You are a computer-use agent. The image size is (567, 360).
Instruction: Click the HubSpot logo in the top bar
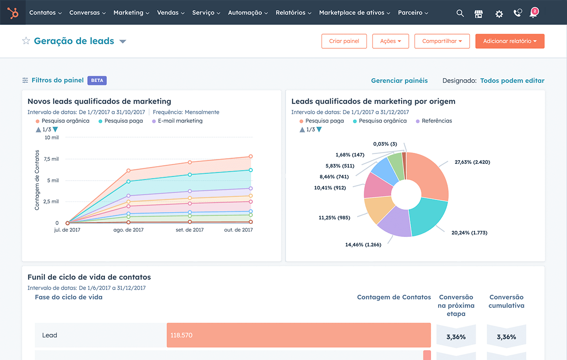pyautogui.click(x=13, y=13)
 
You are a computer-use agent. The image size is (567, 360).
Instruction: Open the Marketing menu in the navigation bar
pyautogui.click(x=131, y=13)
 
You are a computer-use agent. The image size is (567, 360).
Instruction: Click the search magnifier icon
pyautogui.click(x=460, y=13)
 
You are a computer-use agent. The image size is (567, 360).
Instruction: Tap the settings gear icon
pyautogui.click(x=499, y=14)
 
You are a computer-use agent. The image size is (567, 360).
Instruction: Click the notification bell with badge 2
pyautogui.click(x=533, y=13)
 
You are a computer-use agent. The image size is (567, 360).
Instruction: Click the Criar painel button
pyautogui.click(x=344, y=41)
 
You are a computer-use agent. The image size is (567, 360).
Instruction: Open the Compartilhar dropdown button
pyautogui.click(x=442, y=41)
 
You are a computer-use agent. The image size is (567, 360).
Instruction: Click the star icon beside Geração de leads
pyautogui.click(x=26, y=41)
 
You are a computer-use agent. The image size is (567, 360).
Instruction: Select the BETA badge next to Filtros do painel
pyautogui.click(x=97, y=81)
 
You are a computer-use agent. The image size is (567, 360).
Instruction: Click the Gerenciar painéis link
pyautogui.click(x=399, y=81)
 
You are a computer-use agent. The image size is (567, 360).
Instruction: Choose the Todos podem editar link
pyautogui.click(x=512, y=81)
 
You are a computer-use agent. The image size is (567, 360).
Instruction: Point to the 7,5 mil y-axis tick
pyautogui.click(x=51, y=159)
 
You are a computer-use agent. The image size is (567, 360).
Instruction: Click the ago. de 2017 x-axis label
pyautogui.click(x=129, y=230)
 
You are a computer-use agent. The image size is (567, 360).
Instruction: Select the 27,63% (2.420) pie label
pyautogui.click(x=472, y=162)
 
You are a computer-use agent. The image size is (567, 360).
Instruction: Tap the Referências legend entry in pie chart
pyautogui.click(x=436, y=121)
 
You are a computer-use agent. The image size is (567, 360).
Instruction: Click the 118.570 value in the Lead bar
pyautogui.click(x=182, y=335)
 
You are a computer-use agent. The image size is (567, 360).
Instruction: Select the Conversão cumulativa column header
pyautogui.click(x=506, y=301)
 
